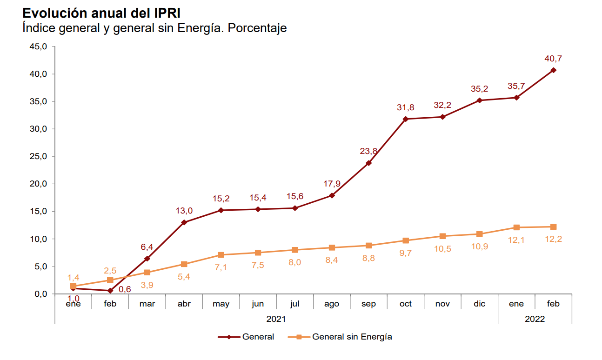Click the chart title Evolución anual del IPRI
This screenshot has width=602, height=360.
click(101, 13)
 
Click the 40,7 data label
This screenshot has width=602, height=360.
click(553, 59)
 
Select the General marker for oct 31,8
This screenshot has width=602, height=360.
click(406, 119)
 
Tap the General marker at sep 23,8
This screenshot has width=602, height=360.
click(368, 163)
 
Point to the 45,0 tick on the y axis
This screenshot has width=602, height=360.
click(38, 47)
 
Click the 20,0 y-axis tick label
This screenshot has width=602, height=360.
click(38, 184)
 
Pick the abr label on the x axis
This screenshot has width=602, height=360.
click(184, 304)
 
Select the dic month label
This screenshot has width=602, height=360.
click(479, 304)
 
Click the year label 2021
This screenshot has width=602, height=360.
click(276, 319)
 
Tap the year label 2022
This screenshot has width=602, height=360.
click(535, 319)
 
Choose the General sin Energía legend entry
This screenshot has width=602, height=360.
click(352, 337)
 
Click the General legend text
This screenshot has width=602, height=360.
click(258, 337)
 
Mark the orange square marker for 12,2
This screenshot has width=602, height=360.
click(553, 227)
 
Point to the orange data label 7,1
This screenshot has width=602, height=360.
click(221, 267)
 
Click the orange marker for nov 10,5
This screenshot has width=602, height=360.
click(442, 236)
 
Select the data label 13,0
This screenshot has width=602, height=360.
click(184, 211)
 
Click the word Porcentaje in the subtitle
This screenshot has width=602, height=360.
click(257, 28)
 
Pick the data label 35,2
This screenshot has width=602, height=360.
click(479, 89)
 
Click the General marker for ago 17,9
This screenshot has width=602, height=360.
click(332, 195)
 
